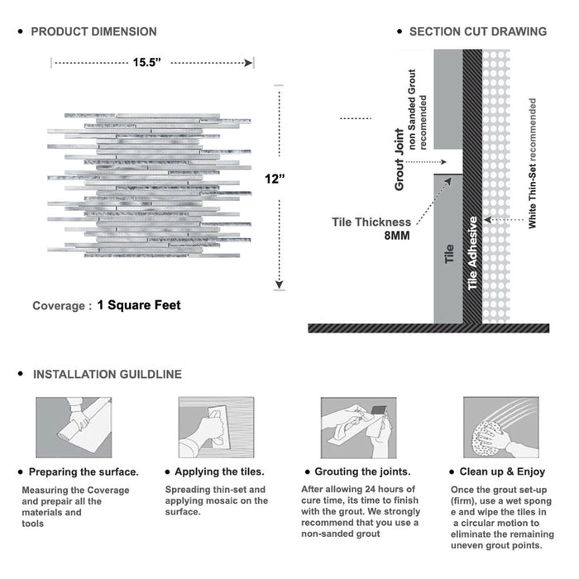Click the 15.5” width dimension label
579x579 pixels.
146,62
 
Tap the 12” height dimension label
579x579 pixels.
275,179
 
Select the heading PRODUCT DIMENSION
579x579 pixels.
93,31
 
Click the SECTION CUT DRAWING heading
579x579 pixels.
478,31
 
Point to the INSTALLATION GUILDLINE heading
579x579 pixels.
108,375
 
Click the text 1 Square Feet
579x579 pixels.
139,305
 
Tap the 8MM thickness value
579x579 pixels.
397,236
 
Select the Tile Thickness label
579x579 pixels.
371,222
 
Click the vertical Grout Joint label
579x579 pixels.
400,160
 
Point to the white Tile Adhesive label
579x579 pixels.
472,253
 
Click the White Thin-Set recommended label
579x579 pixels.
532,163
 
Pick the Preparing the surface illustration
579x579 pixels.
74,428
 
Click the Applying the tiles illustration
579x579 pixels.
217,428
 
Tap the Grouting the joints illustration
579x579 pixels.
358,428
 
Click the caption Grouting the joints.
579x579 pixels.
362,471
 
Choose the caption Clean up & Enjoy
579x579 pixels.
502,471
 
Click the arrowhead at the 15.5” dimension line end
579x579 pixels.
248,63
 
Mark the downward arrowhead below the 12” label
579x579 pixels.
280,285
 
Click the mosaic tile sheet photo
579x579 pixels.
150,185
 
